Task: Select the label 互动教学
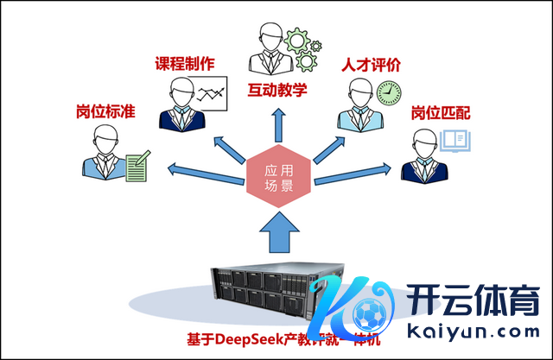pos(278,88)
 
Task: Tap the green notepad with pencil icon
pos(137,165)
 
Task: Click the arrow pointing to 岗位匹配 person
pos(353,174)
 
